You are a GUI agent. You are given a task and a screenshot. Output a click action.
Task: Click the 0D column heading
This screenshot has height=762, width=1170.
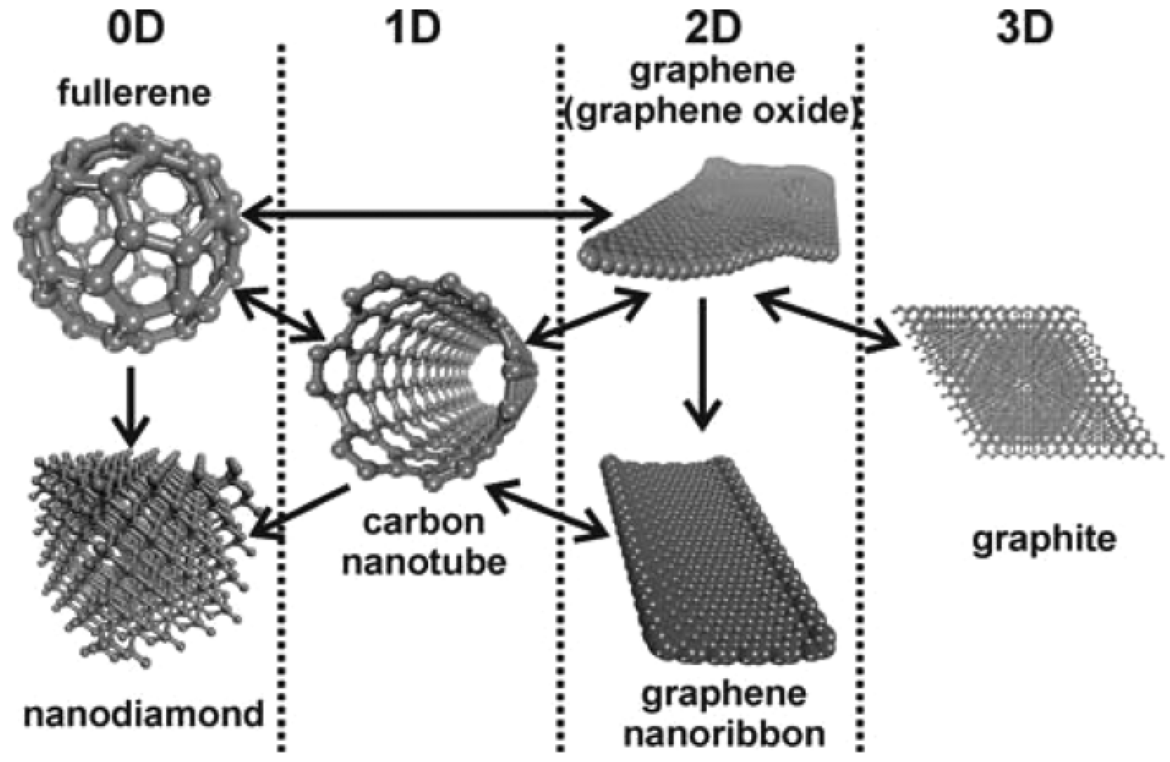[136, 30]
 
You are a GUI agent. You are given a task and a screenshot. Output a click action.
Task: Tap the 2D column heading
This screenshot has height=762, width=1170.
[713, 30]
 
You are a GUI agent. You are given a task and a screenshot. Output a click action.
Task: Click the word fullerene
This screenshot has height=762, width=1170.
[134, 93]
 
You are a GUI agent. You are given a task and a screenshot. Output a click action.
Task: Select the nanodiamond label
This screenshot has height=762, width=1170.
[144, 714]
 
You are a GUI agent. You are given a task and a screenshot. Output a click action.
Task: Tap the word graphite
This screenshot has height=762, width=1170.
[1044, 539]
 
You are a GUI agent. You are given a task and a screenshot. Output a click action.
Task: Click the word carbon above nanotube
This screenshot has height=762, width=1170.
[423, 522]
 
